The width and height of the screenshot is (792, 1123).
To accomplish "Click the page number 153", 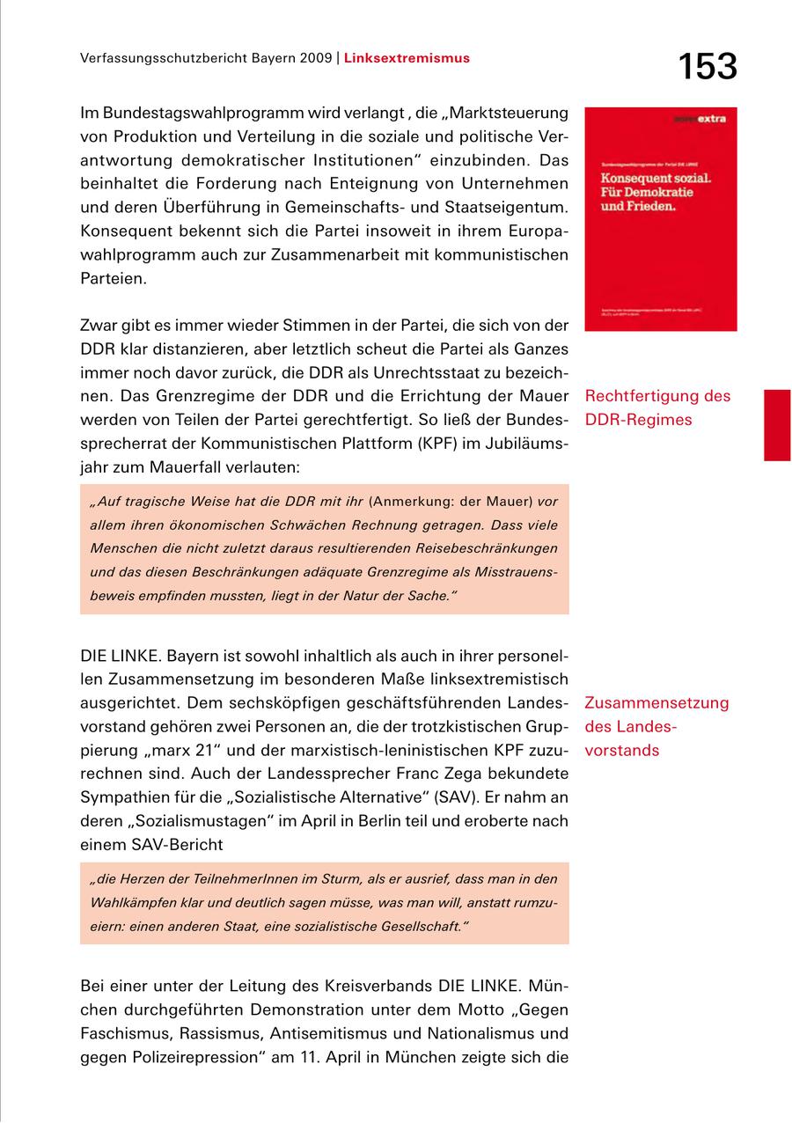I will (707, 66).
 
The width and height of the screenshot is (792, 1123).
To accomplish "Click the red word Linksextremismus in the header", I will (407, 58).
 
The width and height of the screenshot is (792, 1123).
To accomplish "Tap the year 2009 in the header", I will (313, 58).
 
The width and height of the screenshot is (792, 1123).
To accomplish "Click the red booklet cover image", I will (660, 219).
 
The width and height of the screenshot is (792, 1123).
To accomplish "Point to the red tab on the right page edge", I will (777, 425).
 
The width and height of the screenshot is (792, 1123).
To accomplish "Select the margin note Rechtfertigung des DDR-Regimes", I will (656, 407).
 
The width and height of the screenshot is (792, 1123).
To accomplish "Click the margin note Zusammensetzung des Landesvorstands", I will (656, 727).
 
